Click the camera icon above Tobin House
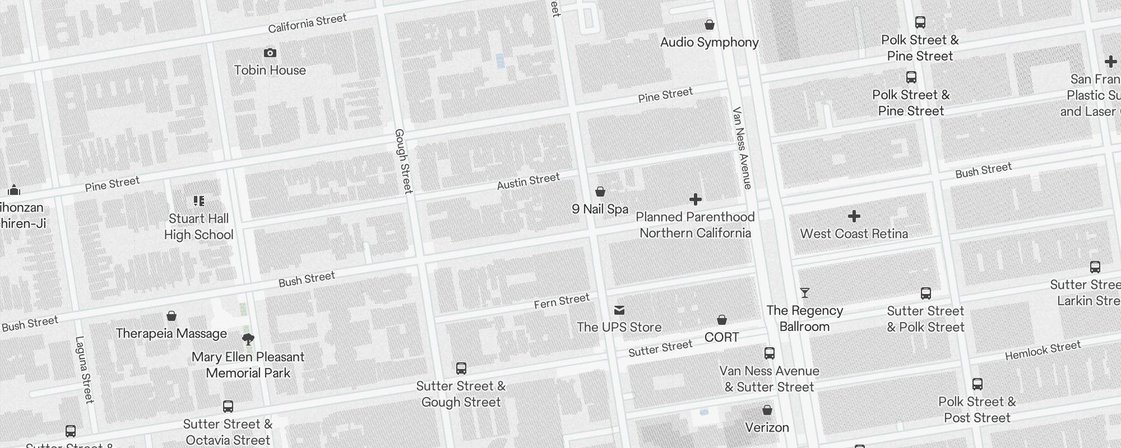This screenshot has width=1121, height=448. point(270,53)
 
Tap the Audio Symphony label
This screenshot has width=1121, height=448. point(709,43)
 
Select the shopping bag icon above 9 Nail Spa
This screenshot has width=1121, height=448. point(600,192)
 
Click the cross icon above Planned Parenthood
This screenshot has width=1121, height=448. point(695,199)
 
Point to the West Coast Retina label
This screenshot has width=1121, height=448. point(854,234)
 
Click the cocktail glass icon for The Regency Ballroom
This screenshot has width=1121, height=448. point(804,293)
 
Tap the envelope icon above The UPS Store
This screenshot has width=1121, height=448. point(619,310)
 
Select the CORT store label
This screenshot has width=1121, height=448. point(721,337)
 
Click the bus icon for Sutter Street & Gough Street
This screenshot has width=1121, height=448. point(461,368)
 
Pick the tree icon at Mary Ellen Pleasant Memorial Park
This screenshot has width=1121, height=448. point(248,339)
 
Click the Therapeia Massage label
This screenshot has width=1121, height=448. point(171,334)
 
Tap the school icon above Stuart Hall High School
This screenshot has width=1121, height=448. point(198,200)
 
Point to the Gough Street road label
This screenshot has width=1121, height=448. point(403,161)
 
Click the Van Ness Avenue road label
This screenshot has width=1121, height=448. point(742,148)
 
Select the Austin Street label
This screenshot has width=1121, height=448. point(528,181)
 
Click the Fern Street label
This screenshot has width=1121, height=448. point(561,301)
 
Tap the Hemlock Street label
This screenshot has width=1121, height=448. point(1043,351)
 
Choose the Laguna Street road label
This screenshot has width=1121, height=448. point(84,370)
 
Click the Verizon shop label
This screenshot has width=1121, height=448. point(767,427)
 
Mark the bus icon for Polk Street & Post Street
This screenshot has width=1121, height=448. point(977,384)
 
